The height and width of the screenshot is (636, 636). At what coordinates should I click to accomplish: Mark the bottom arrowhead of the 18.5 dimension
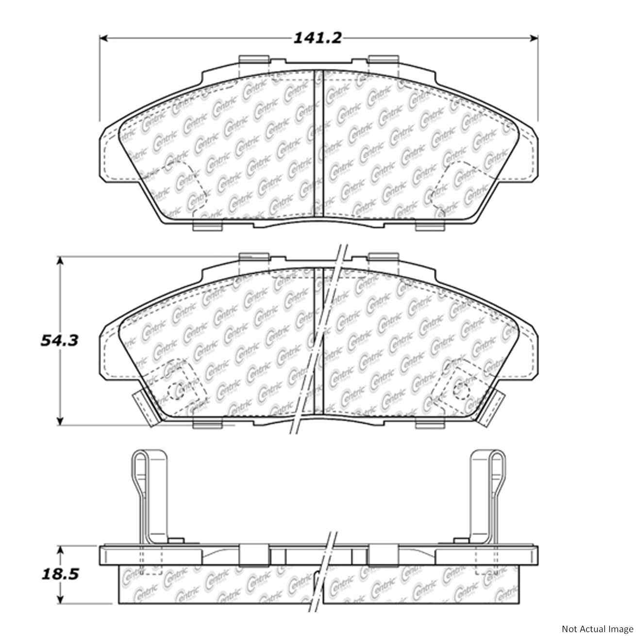(x=60, y=600)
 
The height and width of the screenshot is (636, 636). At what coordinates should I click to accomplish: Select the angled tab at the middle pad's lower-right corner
(x=491, y=408)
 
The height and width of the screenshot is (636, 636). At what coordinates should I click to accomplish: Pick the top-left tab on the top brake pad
(x=254, y=59)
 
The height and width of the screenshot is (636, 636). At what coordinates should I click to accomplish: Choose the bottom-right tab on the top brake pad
(x=431, y=226)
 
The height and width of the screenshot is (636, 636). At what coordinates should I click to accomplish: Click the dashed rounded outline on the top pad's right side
(x=452, y=187)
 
